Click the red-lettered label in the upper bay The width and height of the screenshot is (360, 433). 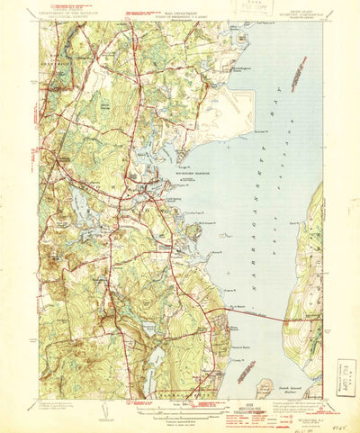click(x=265, y=59)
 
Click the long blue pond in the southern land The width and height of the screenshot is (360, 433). click(x=158, y=359)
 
